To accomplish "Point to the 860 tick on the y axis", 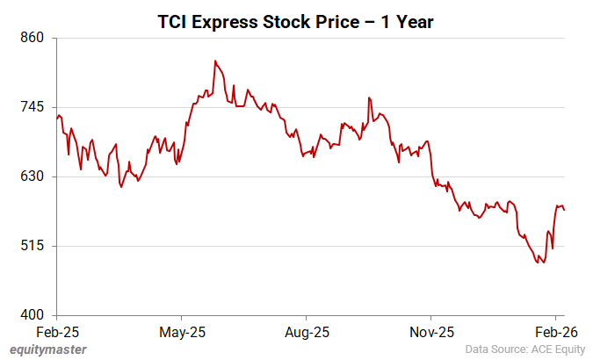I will point(33,38).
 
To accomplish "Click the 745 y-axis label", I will point(33,107).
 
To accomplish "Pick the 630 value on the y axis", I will point(33,176).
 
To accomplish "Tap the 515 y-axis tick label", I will point(33,246).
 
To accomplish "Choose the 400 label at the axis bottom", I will point(33,315).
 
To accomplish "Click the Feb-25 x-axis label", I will point(57,332).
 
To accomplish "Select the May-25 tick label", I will point(181,332).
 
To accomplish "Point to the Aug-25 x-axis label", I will point(306,332).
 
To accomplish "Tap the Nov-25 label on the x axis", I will point(431,332).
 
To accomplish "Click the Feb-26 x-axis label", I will point(555,332).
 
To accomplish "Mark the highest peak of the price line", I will point(215,61).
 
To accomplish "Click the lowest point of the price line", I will point(545,262).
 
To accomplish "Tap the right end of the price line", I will point(564,210).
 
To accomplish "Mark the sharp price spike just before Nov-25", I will point(369,97).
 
